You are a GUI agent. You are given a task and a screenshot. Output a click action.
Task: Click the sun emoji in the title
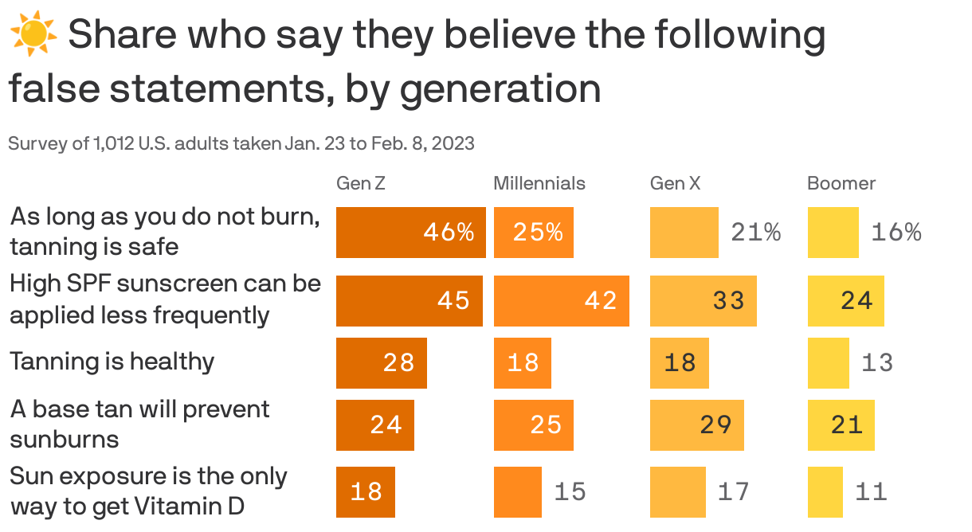[x=33, y=35]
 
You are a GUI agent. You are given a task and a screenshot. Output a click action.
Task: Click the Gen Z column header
[x=361, y=183]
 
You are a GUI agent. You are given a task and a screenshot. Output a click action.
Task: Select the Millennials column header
[x=539, y=183]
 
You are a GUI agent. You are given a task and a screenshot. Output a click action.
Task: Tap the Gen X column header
[x=676, y=183]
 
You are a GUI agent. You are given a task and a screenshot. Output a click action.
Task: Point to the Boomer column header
[x=841, y=183]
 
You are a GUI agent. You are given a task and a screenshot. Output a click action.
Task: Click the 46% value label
[x=449, y=233]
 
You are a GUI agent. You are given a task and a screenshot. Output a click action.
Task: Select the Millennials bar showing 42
[x=562, y=300]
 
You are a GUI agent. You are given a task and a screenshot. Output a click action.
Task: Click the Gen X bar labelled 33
[x=704, y=300]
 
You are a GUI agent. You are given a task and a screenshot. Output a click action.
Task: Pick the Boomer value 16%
[x=896, y=233]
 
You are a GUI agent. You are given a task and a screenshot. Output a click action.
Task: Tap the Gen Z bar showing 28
[x=382, y=362]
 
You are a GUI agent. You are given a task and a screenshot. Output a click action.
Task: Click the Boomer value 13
[x=877, y=362]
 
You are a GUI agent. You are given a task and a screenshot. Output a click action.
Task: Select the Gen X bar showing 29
[x=697, y=424]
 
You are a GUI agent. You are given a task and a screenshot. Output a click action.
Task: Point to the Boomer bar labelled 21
[x=841, y=424]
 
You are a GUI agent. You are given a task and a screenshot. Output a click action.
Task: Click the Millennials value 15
[x=570, y=491]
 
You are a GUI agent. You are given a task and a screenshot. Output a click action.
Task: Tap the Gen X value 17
[x=734, y=491]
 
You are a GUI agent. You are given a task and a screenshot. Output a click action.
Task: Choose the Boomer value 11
[x=871, y=491]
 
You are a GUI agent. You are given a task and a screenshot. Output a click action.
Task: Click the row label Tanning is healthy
[x=112, y=362]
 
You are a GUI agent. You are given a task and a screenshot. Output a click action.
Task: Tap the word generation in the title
[x=500, y=88]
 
